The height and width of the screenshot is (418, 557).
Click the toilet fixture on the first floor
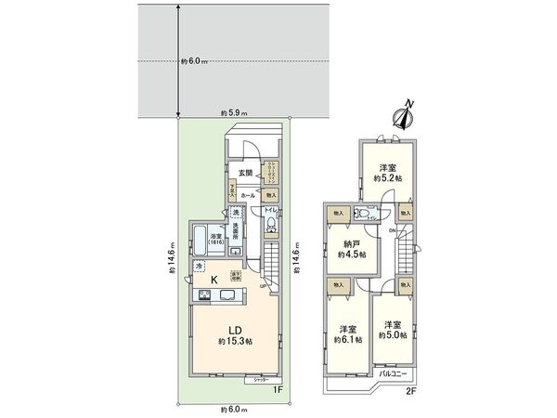click(270, 222)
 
